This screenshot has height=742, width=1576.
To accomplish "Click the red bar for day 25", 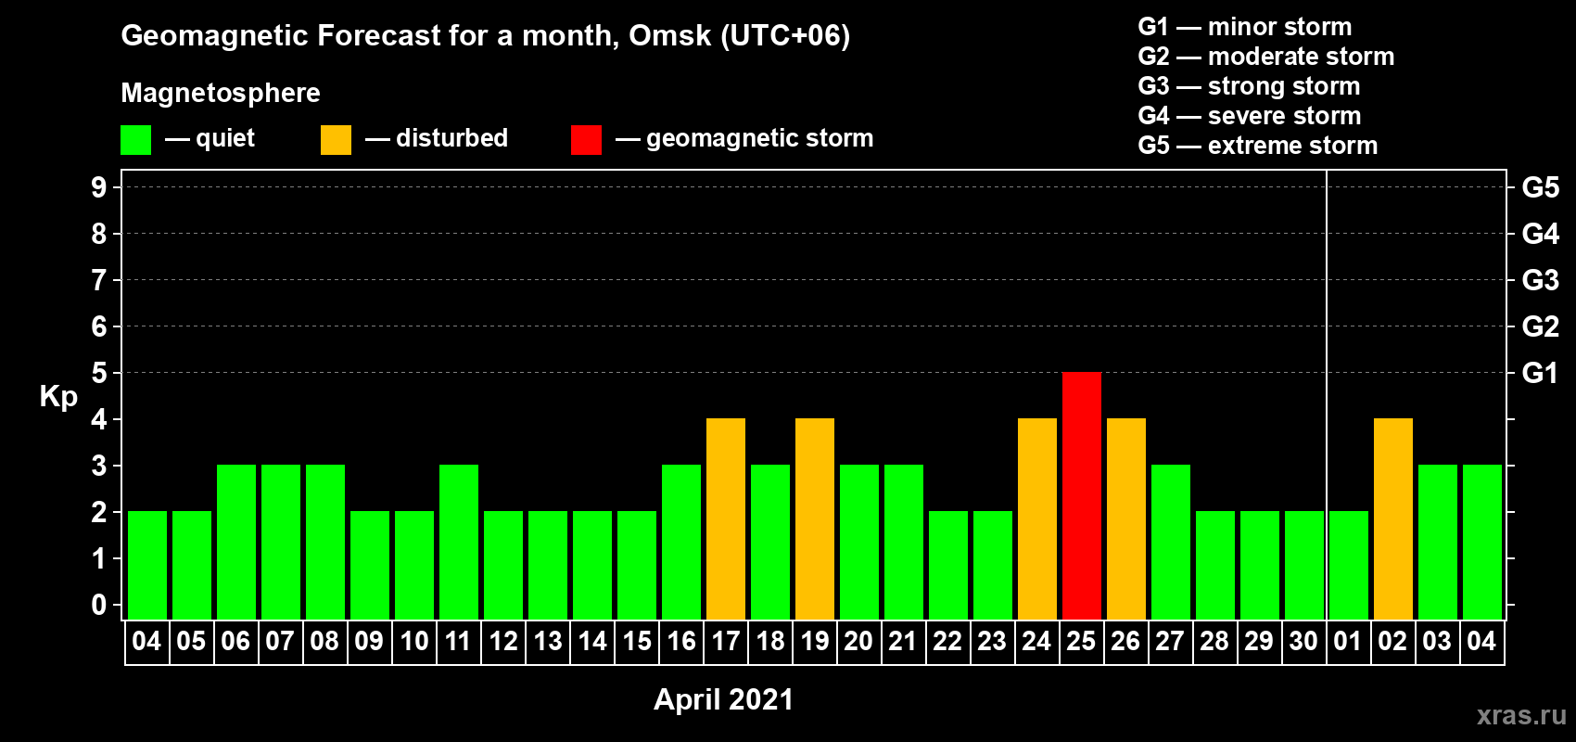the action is pos(1081,495).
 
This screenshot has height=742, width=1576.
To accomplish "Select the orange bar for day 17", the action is pos(725,518).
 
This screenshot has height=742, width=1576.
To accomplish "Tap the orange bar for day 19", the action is pos(815,518).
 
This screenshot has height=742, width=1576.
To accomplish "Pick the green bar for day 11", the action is pos(459,542).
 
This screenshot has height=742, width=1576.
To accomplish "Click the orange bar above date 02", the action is pos(1393,518).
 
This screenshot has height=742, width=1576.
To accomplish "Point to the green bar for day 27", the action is pos(1171,542).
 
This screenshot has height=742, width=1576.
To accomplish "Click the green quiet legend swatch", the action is pos(135,139).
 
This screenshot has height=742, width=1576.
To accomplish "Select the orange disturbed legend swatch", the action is pos(336,139).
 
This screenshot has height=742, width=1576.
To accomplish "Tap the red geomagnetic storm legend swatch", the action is pos(586,139).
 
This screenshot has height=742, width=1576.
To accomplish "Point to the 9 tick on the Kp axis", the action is pos(98,188).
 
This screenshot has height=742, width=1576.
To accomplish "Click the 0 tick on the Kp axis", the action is pos(98,606).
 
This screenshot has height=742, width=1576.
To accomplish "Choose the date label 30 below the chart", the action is pos(1303,641).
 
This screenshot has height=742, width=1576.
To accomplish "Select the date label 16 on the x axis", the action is pos(681,641).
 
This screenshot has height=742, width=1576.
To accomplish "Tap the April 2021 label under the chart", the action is pos(723,699).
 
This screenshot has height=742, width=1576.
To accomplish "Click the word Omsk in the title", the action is pos(669,36).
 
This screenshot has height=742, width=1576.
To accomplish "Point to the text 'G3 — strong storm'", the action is pos(1249,86).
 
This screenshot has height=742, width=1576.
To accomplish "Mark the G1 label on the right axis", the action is pos(1540,373).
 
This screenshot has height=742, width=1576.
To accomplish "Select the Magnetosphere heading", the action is pos(221,93).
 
